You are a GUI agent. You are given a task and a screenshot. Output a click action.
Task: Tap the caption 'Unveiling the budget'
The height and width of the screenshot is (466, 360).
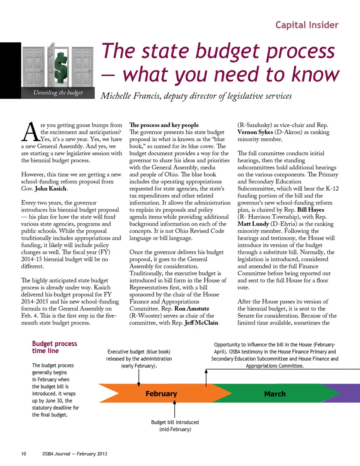58,93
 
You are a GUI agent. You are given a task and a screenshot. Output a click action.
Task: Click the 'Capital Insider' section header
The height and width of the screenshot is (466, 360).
307,25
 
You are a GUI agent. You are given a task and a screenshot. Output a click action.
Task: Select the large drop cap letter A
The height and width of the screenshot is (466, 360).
30,132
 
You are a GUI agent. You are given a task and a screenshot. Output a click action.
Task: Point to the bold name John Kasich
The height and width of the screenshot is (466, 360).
51,189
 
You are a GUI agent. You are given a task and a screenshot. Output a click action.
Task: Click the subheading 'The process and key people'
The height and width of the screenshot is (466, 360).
164,125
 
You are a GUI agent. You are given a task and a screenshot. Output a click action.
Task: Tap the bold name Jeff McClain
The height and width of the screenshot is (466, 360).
201,323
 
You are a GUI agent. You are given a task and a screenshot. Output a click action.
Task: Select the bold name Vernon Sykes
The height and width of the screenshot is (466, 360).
255,132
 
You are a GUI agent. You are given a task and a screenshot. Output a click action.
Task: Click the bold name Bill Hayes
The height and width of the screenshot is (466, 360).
310,210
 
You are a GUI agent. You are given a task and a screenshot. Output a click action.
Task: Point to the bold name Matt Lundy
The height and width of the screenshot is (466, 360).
253,224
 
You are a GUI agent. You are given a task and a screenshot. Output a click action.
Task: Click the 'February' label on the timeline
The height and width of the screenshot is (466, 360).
161,394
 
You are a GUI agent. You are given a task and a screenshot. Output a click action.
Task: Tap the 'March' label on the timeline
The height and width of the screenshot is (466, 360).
275,394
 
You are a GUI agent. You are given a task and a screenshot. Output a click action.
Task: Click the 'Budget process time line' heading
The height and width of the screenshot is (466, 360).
54,347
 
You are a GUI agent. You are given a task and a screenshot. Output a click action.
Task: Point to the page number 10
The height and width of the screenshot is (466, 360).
24,454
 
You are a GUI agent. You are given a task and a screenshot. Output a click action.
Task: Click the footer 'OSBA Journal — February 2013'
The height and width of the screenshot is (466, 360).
75,454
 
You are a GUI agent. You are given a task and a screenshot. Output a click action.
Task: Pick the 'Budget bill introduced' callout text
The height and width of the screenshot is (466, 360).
175,422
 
